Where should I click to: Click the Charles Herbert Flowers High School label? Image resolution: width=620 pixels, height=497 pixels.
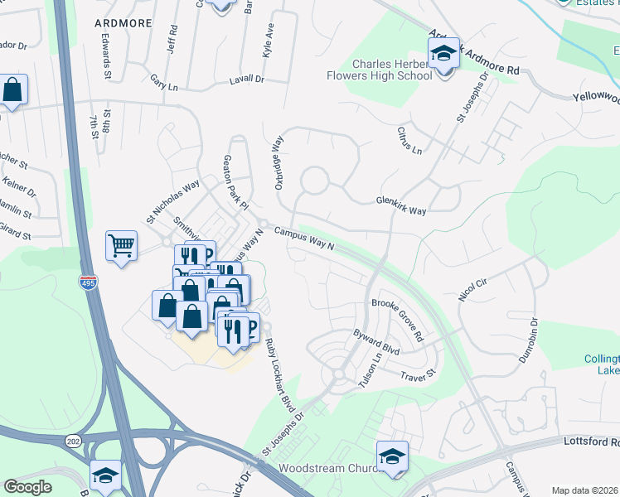[392, 70]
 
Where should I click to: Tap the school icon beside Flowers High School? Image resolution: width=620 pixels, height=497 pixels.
[443, 56]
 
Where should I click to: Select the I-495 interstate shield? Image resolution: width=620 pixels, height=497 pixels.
[87, 283]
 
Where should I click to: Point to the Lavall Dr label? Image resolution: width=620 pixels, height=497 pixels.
[246, 80]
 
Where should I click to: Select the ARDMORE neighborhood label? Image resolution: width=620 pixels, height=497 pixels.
[124, 23]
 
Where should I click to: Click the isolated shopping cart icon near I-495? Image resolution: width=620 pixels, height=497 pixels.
[121, 246]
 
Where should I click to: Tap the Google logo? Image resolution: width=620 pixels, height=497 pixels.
[27, 487]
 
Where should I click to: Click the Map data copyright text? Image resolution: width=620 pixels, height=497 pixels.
[584, 490]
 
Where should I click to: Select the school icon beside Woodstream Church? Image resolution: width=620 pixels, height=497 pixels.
[392, 456]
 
